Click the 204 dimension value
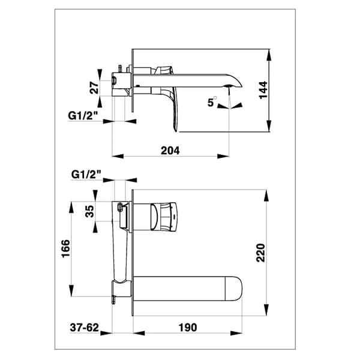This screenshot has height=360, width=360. pyautogui.click(x=170, y=151)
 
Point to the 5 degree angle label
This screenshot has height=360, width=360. pyautogui.click(x=211, y=103)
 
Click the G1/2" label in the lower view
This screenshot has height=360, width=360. pyautogui.click(x=86, y=174)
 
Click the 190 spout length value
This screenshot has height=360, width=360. pyautogui.click(x=187, y=328)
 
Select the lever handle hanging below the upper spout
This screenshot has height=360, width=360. pyautogui.click(x=174, y=111)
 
